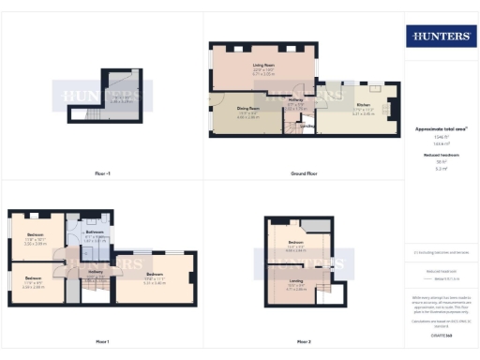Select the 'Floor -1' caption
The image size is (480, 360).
tap(103, 173)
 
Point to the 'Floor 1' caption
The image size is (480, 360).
tap(101, 341)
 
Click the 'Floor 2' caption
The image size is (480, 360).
tap(304, 341)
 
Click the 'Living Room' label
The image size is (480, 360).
tap(262, 66)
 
